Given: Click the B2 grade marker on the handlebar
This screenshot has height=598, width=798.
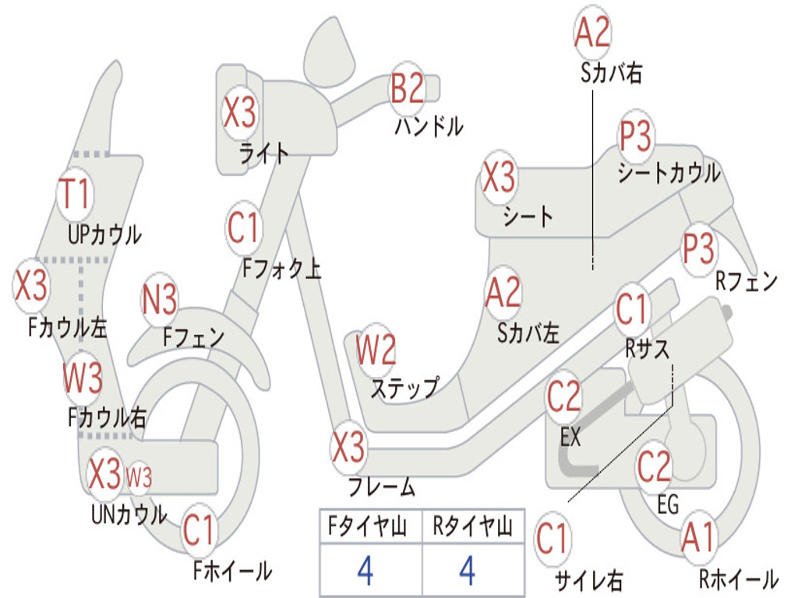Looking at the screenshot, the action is point(407,89).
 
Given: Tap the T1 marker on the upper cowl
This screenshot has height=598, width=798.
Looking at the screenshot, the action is point(76,194).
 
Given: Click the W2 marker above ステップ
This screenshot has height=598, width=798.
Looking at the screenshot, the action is point(376,350).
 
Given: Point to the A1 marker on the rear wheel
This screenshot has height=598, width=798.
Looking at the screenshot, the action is point(699,538).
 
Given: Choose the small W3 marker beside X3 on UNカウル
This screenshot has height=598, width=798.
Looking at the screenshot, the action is point(139,477).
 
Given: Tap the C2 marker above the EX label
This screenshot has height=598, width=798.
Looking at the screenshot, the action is point(563,397).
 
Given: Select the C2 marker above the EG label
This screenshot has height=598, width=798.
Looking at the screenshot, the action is point(655,466).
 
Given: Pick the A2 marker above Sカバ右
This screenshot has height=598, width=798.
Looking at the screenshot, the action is point(592,31).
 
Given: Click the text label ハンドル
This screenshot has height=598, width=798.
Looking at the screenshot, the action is point(429,126).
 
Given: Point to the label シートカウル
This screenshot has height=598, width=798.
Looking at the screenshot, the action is point(669,173).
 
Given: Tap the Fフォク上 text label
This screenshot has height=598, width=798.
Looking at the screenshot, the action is point(281,268).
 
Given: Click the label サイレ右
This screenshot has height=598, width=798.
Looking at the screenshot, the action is point(588,580).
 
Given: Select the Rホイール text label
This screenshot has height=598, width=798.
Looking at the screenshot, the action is point(739,579).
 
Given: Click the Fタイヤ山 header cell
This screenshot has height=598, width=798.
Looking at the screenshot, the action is point(371,526).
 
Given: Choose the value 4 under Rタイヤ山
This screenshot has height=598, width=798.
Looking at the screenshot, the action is point(468,570).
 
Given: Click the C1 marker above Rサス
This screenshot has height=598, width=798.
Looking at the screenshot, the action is point(631,309).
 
